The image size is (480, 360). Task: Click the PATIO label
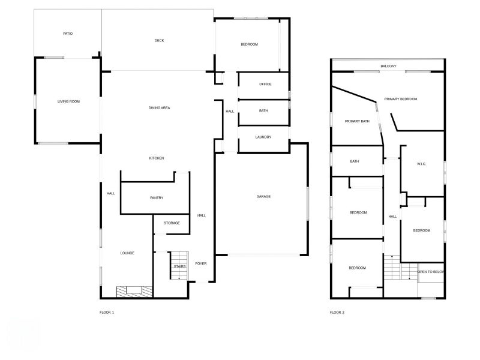point(68,34)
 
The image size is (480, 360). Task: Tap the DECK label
point(159,40)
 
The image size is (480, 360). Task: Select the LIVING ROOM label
point(68,101)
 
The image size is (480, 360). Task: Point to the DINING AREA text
point(160,107)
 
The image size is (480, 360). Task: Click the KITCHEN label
point(157,158)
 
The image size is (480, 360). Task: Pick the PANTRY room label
point(157,197)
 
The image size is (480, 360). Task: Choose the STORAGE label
point(172,223)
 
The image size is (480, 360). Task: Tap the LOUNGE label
point(127,253)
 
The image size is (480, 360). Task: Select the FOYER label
point(201,263)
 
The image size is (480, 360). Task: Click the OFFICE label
point(265,84)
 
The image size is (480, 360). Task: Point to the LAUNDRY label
point(263,137)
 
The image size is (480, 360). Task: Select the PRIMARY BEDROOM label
point(401,98)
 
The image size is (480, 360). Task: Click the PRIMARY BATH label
point(357,121)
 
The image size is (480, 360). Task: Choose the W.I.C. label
point(421,163)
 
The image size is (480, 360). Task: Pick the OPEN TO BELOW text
point(431,272)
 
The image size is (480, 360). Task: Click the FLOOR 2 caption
point(337,312)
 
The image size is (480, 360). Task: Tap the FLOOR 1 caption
point(107,312)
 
